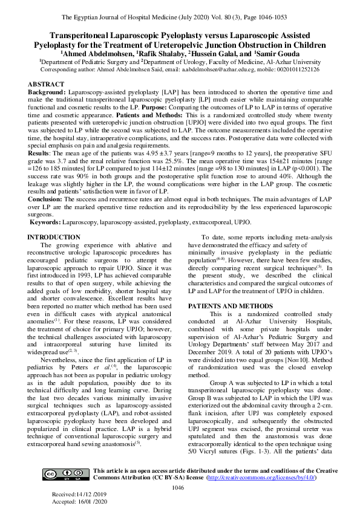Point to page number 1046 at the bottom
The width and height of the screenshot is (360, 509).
(x=178, y=488)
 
